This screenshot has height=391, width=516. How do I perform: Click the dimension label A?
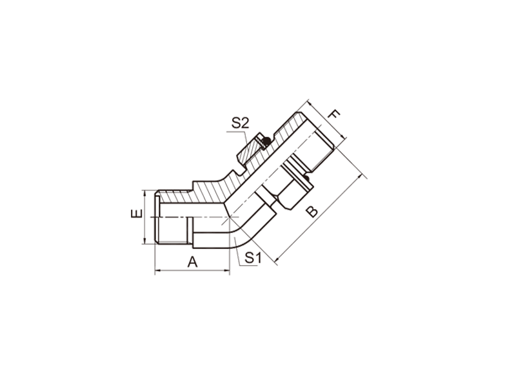[x=192, y=263]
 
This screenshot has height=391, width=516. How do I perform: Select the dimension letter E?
[x=137, y=214]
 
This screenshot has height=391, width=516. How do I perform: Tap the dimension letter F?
[x=334, y=115]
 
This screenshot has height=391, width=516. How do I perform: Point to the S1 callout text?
[x=253, y=257]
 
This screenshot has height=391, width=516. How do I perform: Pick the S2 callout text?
[x=240, y=123]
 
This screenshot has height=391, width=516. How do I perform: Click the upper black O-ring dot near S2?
[x=267, y=141]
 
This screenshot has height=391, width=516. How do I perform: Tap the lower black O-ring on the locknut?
[x=307, y=178]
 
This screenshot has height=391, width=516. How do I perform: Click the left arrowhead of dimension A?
[x=157, y=270]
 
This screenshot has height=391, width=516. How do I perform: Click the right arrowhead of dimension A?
[x=227, y=270]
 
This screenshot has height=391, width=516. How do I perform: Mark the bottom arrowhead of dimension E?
[x=144, y=241]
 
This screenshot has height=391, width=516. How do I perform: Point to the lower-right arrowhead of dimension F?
[x=343, y=137]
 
